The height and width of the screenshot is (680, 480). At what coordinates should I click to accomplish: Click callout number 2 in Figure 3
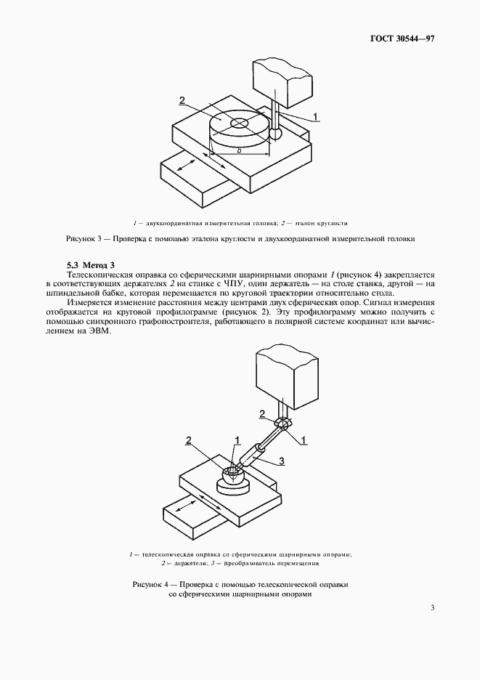pos(182,101)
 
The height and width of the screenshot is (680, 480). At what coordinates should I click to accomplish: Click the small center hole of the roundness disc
pos(239,124)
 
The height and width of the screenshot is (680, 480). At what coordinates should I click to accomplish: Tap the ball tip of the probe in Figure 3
pos(275,134)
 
